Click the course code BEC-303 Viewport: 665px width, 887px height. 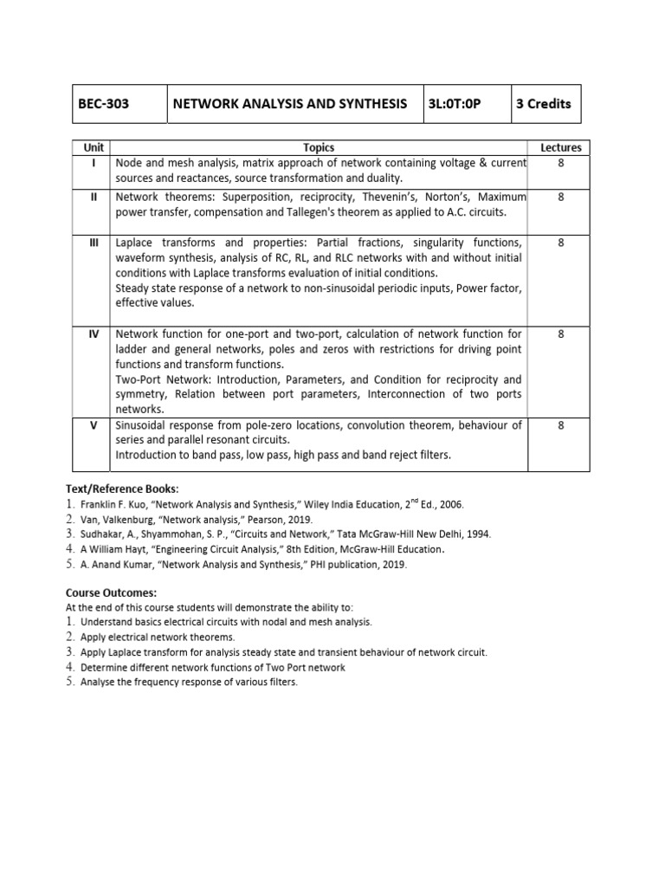coord(104,104)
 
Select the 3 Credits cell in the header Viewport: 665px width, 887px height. coord(544,104)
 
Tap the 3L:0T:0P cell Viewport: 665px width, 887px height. coord(454,104)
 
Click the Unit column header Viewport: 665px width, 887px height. coord(93,148)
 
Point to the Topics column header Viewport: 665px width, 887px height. coord(319,148)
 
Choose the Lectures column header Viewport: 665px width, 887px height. coord(560,148)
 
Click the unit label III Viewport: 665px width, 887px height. coord(94,243)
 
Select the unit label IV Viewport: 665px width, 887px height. coord(94,333)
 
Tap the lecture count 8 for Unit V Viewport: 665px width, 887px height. coord(560,425)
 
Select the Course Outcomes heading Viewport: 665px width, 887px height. coord(112,593)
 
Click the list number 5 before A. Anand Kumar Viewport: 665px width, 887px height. coord(70,564)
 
